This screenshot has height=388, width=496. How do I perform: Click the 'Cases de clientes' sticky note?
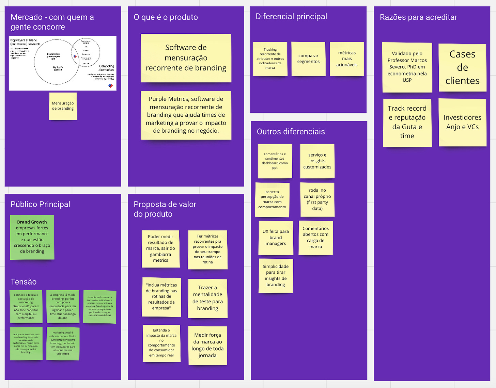tap(462, 67)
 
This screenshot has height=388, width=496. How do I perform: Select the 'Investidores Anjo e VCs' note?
tap(462, 122)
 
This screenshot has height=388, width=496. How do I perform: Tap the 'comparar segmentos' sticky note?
tap(308, 59)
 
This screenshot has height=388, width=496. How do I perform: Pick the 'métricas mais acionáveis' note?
tap(347, 59)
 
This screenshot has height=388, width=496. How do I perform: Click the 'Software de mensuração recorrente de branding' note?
tap(186, 58)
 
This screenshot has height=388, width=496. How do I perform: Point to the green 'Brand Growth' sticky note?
tap(32, 237)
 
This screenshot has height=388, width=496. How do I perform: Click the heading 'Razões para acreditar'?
tap(418, 17)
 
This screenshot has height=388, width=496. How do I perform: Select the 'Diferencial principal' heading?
tap(291, 17)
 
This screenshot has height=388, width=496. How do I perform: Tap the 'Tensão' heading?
tap(24, 282)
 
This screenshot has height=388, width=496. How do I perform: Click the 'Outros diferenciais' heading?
tap(291, 132)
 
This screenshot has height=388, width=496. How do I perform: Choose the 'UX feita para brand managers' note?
tap(276, 238)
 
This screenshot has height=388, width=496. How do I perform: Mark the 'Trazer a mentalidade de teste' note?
tap(207, 298)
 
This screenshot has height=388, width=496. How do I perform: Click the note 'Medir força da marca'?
tap(207, 345)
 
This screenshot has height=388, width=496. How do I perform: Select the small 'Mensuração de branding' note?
tap(63, 106)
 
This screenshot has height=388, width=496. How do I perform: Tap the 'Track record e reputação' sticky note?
tap(407, 122)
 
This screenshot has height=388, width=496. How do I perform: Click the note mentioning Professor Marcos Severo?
tap(407, 67)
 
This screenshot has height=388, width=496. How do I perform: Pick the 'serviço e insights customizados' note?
tap(317, 161)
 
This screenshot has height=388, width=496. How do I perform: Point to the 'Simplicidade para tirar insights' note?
tap(276, 276)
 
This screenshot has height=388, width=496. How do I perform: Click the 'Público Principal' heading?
tap(40, 204)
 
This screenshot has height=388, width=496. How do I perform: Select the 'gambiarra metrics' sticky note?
tap(160, 248)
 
